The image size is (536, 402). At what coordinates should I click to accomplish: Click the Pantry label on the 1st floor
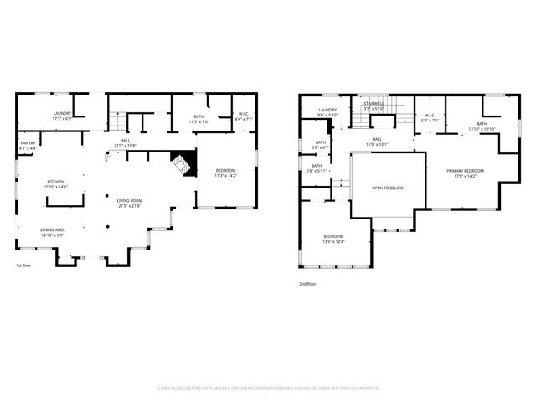click(28, 147)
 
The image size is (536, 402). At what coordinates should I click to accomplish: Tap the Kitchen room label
click(55, 183)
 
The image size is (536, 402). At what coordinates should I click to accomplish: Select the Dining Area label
click(53, 232)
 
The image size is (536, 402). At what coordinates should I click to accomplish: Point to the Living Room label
click(130, 203)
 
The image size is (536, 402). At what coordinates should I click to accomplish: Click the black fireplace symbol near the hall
click(183, 162)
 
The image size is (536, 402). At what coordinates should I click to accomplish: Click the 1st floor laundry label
click(62, 116)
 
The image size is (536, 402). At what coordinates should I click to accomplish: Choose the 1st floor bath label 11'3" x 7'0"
click(198, 120)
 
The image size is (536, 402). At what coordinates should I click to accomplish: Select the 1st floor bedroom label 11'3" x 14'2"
click(226, 173)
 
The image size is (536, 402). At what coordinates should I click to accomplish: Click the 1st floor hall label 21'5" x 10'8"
click(124, 143)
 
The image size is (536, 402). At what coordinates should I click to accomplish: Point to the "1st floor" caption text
click(25, 265)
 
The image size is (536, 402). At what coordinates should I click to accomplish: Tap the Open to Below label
click(388, 188)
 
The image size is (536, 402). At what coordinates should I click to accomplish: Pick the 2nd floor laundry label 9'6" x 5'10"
click(327, 113)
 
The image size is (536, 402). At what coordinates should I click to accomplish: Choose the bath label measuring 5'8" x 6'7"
click(320, 145)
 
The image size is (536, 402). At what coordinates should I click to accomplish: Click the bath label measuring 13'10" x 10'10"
click(482, 126)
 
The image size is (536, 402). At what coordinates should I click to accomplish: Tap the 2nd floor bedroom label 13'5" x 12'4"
click(332, 239)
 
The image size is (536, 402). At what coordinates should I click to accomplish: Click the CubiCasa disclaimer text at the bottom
click(268, 388)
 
